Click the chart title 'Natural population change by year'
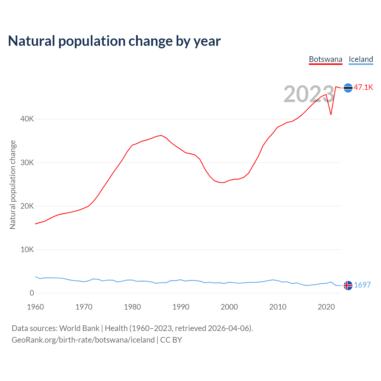(114, 41)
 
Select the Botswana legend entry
(326, 59)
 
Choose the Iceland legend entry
(361, 59)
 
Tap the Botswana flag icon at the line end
(348, 88)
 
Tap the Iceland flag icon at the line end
(348, 285)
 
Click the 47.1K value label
(363, 87)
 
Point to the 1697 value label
(362, 285)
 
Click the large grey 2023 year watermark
(309, 94)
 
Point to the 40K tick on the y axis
(27, 119)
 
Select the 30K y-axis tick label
(27, 163)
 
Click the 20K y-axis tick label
(27, 206)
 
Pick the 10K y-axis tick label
(27, 249)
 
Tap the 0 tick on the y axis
(32, 293)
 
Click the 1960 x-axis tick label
(35, 307)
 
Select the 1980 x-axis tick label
(132, 307)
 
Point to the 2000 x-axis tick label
(229, 307)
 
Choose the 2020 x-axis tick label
(326, 307)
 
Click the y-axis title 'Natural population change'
(13, 185)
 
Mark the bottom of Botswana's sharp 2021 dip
(331, 115)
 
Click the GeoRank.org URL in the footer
(83, 340)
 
